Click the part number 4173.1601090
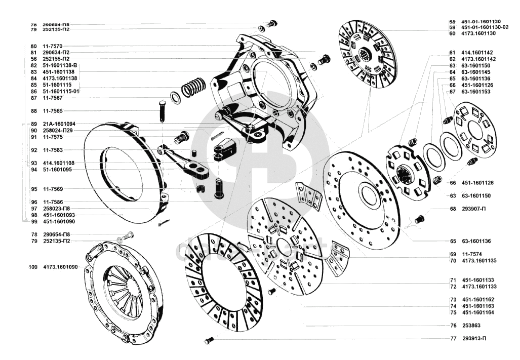pos(60,267)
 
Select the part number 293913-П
pos(474,339)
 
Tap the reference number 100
pos(34,267)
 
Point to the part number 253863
pos(470,326)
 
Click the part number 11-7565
pos(53,111)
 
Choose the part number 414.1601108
pos(59,163)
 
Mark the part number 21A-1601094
pos(59,124)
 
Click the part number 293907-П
pos(474,209)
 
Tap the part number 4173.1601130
pos(478,33)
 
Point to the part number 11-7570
pos(53,46)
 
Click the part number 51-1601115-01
pos(62,91)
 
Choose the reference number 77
pos(453,339)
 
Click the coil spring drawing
pos(193,87)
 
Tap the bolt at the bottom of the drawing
pos(210,340)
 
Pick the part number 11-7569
pos(53,189)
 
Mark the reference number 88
pos(34,111)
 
